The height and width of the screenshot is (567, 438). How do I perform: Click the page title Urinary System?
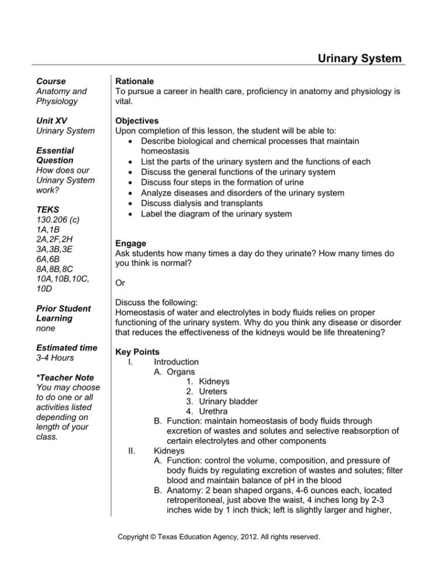pos(360,58)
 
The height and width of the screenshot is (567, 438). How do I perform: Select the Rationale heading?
pos(135,81)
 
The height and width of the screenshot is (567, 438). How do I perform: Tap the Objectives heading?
pos(138,121)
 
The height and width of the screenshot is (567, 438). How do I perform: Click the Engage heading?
pos(131,243)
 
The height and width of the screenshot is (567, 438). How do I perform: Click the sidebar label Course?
pos(51,81)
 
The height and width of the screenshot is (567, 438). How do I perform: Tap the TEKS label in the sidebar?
pos(48,209)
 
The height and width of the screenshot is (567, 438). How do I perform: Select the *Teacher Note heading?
pos(65,378)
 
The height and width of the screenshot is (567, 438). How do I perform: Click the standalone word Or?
pos(121,283)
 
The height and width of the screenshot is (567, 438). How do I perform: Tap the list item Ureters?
pos(213,392)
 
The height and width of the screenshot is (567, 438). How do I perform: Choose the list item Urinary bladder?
pos(228,402)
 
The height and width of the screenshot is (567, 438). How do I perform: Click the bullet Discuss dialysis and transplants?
pos(202,203)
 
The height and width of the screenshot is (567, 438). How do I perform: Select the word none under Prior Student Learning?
pos(46,329)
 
